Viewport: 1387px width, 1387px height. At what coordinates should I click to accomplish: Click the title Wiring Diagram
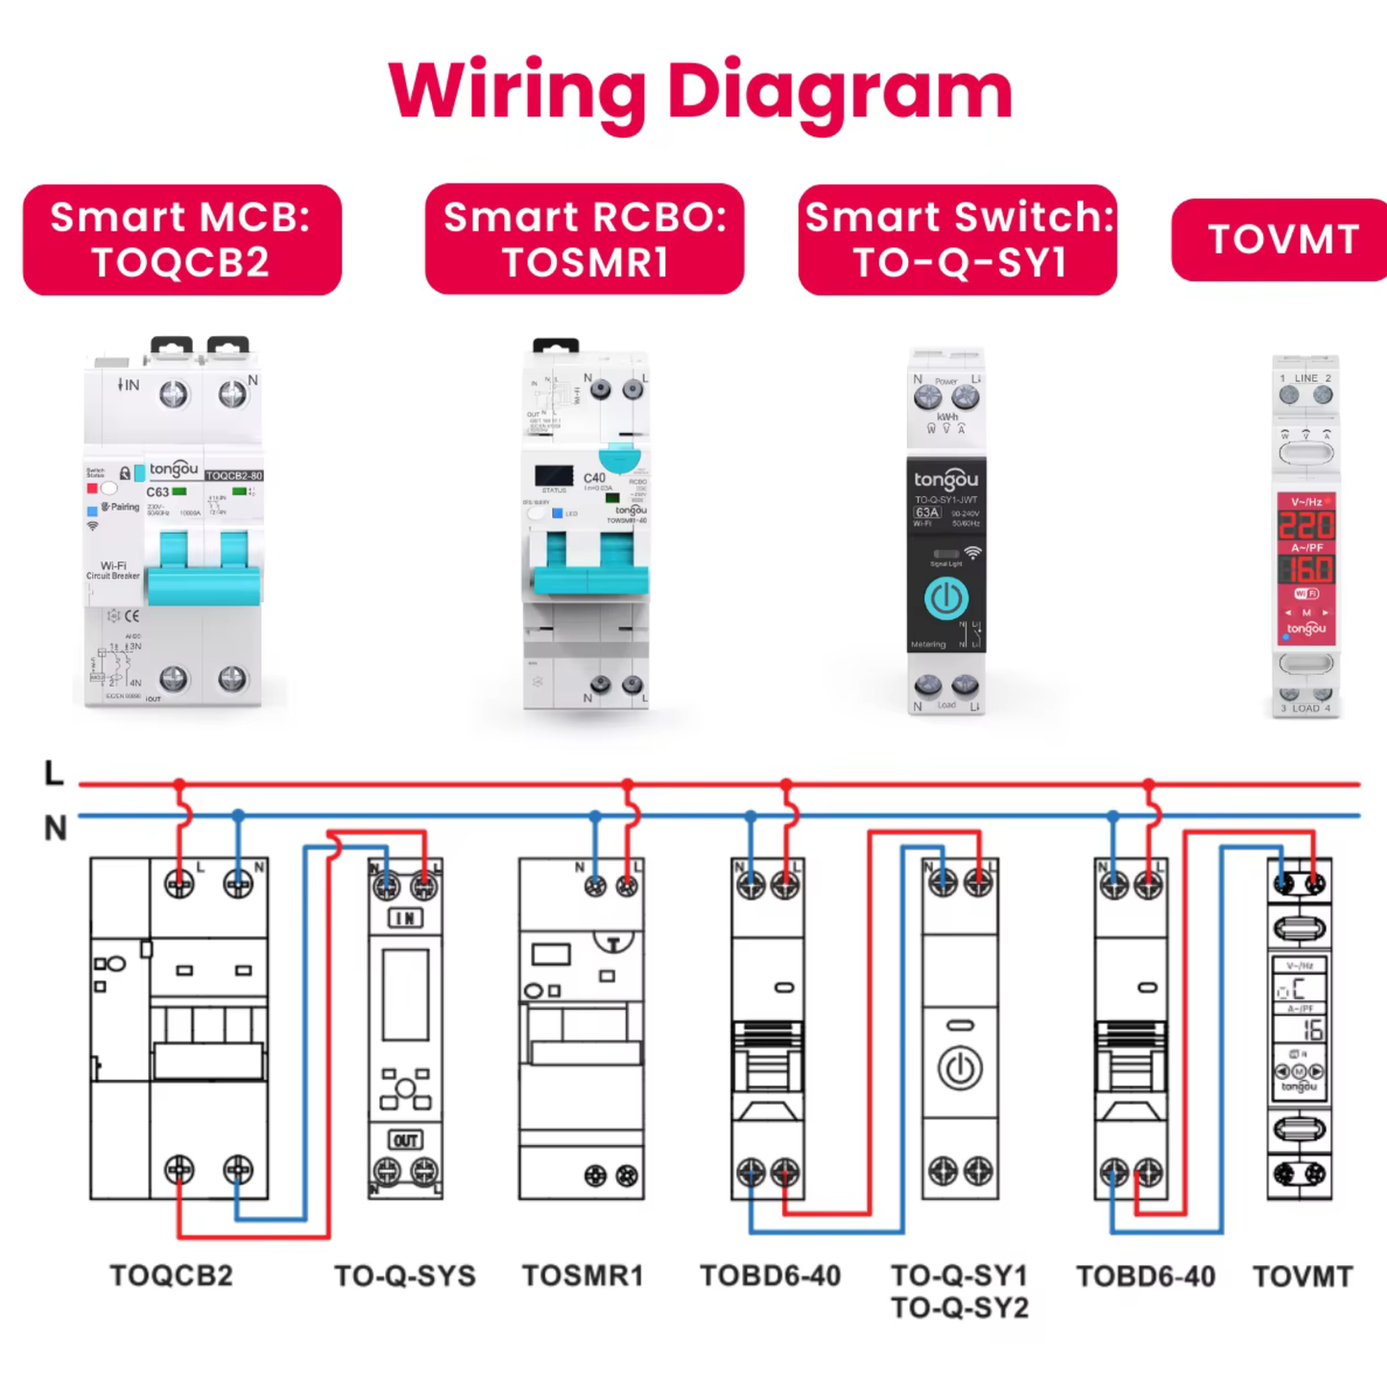(x=700, y=91)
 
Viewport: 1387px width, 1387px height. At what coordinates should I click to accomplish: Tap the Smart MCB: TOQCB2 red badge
(x=181, y=240)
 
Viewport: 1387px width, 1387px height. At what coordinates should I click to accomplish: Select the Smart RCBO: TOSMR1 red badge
(x=585, y=240)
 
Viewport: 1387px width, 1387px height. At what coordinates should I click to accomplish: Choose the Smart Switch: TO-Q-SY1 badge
(x=958, y=240)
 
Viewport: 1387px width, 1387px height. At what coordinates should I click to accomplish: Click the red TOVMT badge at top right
(x=1282, y=240)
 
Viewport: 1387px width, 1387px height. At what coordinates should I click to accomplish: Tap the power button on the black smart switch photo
(x=945, y=598)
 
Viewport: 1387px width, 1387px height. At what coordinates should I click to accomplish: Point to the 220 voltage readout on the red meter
(x=1305, y=525)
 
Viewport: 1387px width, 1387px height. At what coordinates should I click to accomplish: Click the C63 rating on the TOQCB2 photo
(x=157, y=492)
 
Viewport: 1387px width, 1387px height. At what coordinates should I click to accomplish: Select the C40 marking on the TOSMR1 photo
(x=594, y=477)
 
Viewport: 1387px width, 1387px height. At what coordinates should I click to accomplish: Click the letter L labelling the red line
(x=54, y=774)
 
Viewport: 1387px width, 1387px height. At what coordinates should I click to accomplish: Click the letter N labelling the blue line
(x=56, y=827)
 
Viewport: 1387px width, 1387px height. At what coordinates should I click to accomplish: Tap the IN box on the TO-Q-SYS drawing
(x=405, y=919)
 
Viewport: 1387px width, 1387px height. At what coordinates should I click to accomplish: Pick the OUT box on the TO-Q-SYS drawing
(x=405, y=1140)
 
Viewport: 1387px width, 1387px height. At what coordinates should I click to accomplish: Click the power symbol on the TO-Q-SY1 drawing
(x=960, y=1068)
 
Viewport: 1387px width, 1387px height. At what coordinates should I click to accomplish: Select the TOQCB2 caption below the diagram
(x=172, y=1276)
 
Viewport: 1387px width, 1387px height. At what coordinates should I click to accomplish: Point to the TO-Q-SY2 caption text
(x=959, y=1307)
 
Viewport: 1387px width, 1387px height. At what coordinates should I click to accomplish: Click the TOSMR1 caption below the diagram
(x=583, y=1276)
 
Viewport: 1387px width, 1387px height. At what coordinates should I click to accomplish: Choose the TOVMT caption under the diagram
(x=1303, y=1277)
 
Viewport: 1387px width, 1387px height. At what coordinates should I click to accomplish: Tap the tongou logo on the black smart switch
(x=945, y=479)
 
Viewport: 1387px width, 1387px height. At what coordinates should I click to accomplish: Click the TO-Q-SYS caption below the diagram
(x=405, y=1276)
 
